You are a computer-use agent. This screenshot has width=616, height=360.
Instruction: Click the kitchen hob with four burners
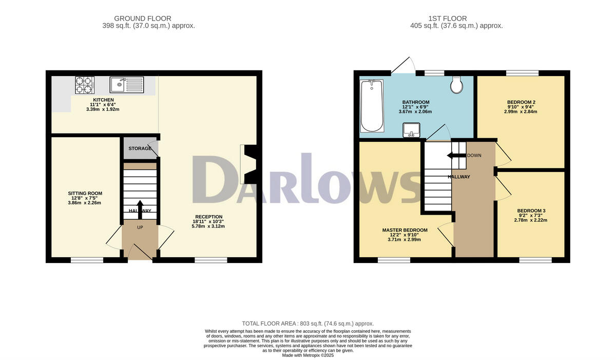(x=85, y=85)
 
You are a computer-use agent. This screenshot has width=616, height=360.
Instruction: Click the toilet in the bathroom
(x=456, y=85)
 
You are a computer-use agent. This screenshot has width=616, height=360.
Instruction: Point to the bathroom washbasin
(x=412, y=130)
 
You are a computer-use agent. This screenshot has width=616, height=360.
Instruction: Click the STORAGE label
(x=140, y=149)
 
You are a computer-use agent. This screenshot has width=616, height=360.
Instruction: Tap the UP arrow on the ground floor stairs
(x=140, y=209)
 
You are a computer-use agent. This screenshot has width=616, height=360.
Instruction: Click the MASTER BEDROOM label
(x=405, y=230)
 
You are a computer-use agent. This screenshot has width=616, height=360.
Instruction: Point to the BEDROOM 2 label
(x=521, y=102)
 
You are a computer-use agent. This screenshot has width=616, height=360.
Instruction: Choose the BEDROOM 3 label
(x=531, y=211)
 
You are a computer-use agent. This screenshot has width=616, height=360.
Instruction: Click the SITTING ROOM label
(x=85, y=194)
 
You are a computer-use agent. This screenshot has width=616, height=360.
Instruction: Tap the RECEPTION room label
(x=208, y=217)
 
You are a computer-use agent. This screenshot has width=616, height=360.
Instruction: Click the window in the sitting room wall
(x=87, y=260)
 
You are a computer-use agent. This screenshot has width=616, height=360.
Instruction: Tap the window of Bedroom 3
(x=535, y=260)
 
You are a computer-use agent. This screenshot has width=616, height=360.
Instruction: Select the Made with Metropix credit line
(x=308, y=355)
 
